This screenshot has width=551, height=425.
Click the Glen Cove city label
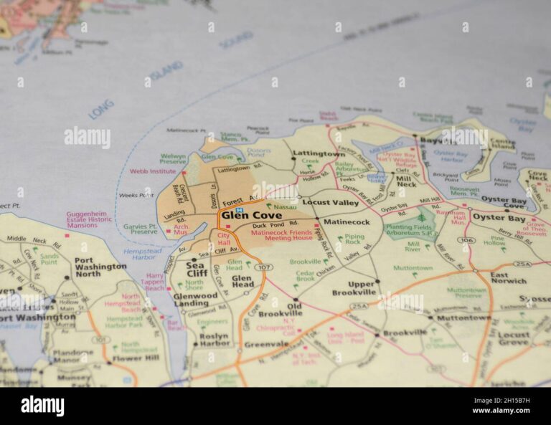(251, 215)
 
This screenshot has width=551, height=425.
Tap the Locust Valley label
(330, 202)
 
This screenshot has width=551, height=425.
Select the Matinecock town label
(347, 222)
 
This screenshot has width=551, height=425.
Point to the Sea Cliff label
(197, 269)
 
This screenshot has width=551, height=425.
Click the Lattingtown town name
(318, 154)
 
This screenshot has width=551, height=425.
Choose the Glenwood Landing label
(194, 299)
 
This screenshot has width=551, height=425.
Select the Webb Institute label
(152, 171)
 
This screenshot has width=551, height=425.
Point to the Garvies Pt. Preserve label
(140, 229)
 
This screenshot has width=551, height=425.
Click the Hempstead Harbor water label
(142, 254)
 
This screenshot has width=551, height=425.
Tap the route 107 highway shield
(263, 267)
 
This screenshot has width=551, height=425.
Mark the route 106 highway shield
(467, 240)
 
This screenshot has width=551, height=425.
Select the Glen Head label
(242, 281)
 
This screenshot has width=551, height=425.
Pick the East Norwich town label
(509, 277)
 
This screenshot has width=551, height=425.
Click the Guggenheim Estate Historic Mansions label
(89, 219)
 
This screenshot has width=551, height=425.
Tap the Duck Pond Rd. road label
(274, 225)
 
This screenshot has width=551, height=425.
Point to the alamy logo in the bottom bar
(42, 406)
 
